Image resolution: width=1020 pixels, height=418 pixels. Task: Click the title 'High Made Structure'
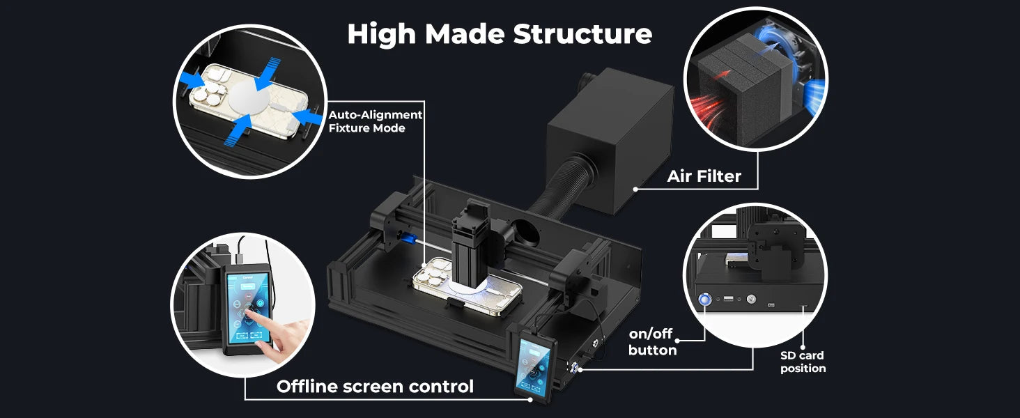click(x=500, y=33)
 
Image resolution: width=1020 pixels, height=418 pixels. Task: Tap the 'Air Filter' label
click(x=704, y=176)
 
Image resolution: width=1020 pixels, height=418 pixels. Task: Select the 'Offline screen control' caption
click(x=375, y=387)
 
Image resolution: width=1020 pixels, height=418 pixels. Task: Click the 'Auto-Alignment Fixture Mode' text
click(x=376, y=121)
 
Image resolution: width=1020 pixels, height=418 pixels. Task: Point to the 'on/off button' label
click(x=652, y=341)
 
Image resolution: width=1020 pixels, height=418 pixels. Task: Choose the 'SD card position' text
click(x=803, y=362)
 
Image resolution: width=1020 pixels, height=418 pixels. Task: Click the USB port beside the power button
click(x=727, y=300)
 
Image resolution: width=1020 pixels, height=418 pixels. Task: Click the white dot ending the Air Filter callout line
click(x=635, y=188)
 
